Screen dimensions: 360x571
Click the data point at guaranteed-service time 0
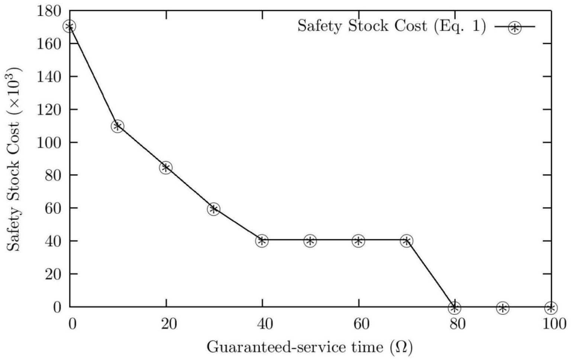pyautogui.click(x=70, y=26)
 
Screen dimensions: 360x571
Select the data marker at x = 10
pyautogui.click(x=117, y=126)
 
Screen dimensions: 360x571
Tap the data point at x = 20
pyautogui.click(x=166, y=168)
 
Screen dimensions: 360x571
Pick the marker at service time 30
pyautogui.click(x=214, y=209)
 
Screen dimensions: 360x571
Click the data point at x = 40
pyautogui.click(x=262, y=241)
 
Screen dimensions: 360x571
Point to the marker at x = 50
pyautogui.click(x=310, y=241)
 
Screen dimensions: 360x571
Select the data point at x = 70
pyautogui.click(x=406, y=241)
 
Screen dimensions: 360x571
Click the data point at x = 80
pyautogui.click(x=454, y=308)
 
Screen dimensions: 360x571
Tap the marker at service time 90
pyautogui.click(x=503, y=308)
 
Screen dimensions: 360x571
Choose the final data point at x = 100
pyautogui.click(x=551, y=308)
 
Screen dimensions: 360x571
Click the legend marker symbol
pyautogui.click(x=515, y=28)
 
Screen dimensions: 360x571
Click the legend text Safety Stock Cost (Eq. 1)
pyautogui.click(x=391, y=26)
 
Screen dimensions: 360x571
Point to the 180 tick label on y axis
pyautogui.click(x=49, y=11)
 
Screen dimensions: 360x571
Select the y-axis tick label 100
pyautogui.click(x=49, y=142)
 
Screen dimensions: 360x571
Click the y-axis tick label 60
pyautogui.click(x=53, y=208)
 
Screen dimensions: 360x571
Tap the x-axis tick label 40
pyautogui.click(x=265, y=324)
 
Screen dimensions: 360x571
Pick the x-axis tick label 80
pyautogui.click(x=457, y=324)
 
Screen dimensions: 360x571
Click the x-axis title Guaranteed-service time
pyautogui.click(x=309, y=347)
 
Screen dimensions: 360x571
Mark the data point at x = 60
pyautogui.click(x=358, y=241)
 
